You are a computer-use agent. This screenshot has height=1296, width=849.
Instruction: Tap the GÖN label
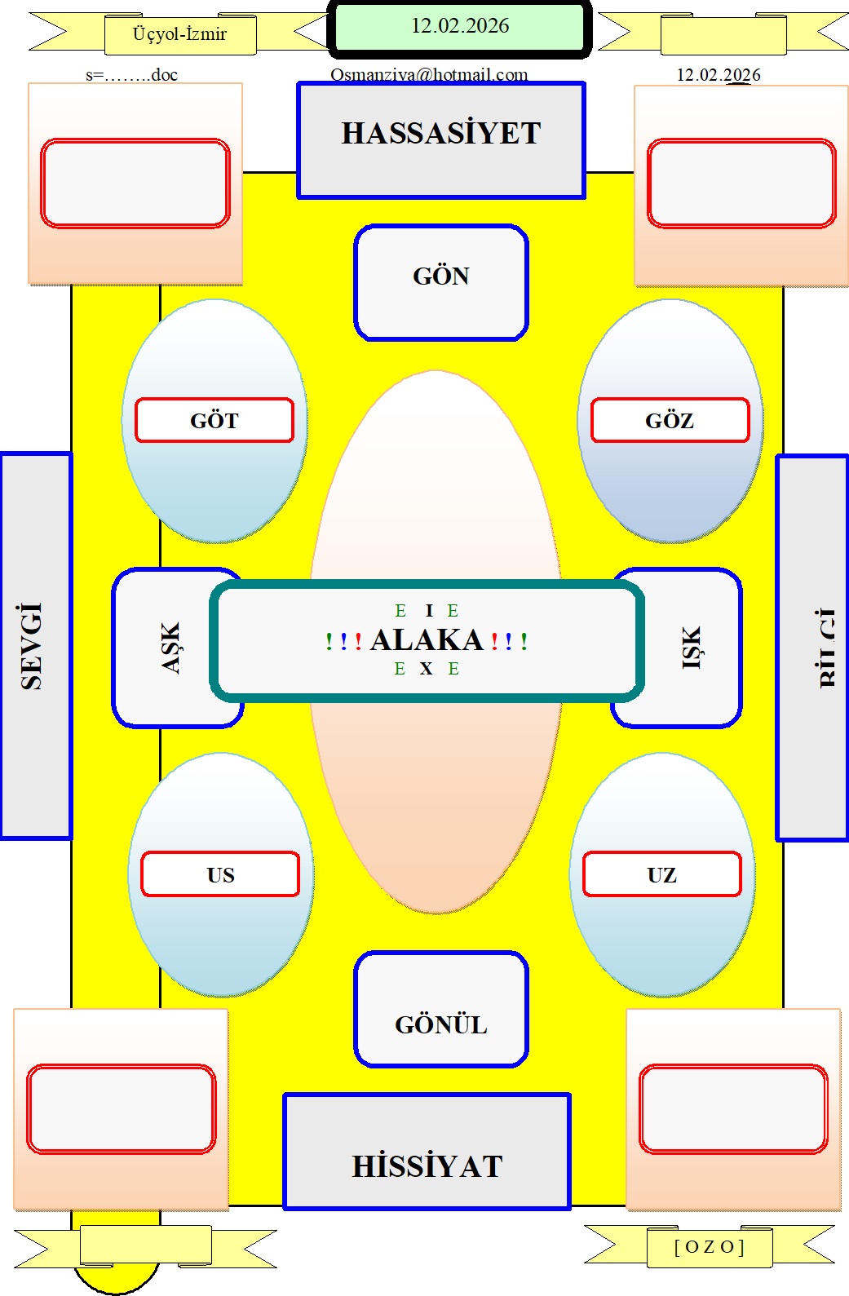(x=441, y=276)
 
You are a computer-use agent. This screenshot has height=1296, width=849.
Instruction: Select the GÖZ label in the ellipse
(x=670, y=421)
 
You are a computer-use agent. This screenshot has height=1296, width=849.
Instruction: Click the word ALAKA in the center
(x=427, y=640)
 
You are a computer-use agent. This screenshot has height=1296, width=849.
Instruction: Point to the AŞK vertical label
(x=170, y=648)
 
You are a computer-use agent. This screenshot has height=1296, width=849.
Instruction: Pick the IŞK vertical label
(x=691, y=648)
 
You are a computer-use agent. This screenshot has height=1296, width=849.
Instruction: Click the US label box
(x=220, y=875)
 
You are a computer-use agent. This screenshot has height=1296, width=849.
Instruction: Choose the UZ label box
(x=661, y=875)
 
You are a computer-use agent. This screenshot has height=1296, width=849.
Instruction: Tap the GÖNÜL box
(x=441, y=1024)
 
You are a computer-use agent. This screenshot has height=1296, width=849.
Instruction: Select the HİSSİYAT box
(x=427, y=1166)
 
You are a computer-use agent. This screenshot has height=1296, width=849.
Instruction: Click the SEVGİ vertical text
(x=31, y=646)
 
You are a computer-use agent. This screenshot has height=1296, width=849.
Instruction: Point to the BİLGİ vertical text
(x=826, y=648)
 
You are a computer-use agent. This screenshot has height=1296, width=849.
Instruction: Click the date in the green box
(x=460, y=26)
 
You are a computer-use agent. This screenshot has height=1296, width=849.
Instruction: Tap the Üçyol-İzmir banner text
(x=179, y=34)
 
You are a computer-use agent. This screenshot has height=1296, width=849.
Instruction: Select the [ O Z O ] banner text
(x=709, y=1247)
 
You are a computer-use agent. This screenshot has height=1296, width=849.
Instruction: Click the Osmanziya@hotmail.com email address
(x=429, y=75)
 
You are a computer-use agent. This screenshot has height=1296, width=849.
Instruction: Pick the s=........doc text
(x=131, y=75)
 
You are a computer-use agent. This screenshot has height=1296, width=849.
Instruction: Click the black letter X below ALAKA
(x=426, y=669)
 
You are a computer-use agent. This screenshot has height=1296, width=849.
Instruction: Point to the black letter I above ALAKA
(x=429, y=611)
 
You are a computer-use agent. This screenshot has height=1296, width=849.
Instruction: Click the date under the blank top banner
(x=719, y=75)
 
